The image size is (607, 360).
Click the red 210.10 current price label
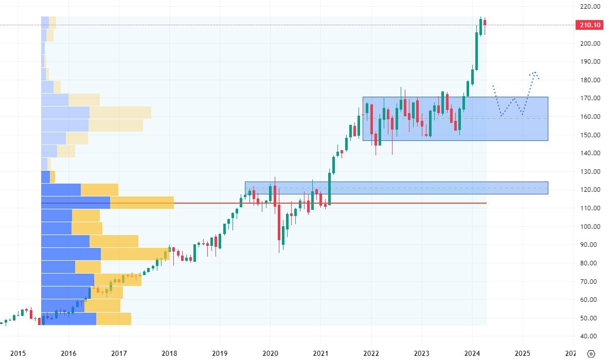click(590, 25)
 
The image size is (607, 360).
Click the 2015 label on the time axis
click(17, 354)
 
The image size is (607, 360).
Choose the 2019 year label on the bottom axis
click(219, 354)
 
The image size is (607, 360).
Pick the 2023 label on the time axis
click(421, 354)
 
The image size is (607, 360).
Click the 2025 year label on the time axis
click(522, 354)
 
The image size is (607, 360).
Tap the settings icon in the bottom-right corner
click(591, 354)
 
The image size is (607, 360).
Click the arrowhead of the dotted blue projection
click(535, 74)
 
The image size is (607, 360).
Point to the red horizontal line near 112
click(309, 203)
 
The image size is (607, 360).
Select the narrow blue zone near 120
click(396, 188)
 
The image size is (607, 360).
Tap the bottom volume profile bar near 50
click(85, 319)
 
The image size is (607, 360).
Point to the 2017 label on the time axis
click(118, 354)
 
